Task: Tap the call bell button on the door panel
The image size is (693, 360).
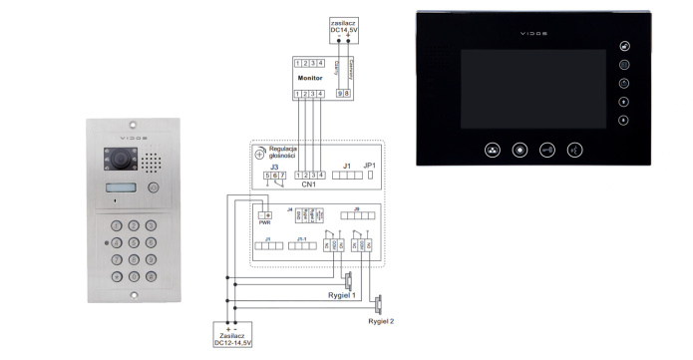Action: (x=152, y=187)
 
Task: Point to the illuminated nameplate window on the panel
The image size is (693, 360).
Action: (x=119, y=188)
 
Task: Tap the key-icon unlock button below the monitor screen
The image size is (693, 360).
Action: (x=547, y=151)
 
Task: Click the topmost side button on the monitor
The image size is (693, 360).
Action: (x=624, y=46)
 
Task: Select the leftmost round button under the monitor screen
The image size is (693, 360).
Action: (x=492, y=151)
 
